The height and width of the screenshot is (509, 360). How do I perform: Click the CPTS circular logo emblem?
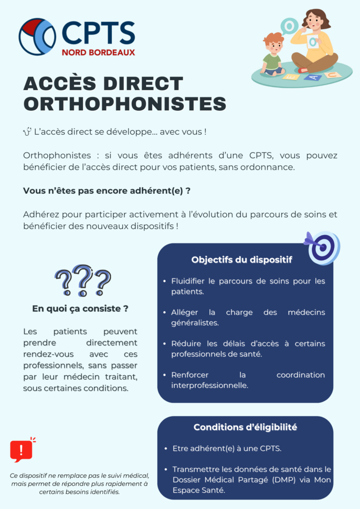click(x=37, y=36)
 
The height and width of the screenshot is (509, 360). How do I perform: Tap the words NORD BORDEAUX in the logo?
click(x=98, y=52)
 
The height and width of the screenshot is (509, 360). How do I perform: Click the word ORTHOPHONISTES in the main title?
click(x=125, y=104)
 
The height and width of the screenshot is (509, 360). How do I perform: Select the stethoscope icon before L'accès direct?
click(x=27, y=132)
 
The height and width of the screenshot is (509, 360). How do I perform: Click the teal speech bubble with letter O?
click(x=289, y=25)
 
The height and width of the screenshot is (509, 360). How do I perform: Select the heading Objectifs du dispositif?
click(x=242, y=259)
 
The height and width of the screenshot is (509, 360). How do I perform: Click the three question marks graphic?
click(x=83, y=281)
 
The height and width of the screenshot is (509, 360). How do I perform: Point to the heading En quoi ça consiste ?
click(x=80, y=308)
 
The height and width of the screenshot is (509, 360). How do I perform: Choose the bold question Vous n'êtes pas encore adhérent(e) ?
click(x=107, y=191)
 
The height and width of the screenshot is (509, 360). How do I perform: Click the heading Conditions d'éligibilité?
click(x=245, y=427)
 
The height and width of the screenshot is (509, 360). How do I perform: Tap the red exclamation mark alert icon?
click(x=21, y=450)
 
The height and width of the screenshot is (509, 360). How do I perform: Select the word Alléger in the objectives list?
click(x=184, y=312)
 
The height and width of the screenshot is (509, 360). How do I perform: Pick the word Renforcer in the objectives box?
click(x=189, y=375)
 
